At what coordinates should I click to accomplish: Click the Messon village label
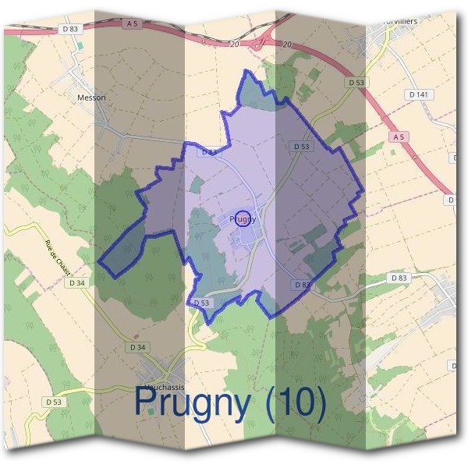click(91, 98)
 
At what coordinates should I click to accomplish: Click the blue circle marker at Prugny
click(243, 219)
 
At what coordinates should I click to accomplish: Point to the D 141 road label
click(419, 94)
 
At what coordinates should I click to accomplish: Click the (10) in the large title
click(295, 402)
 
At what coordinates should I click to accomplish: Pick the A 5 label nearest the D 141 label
click(399, 137)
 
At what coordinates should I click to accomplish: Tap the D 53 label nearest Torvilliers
click(356, 82)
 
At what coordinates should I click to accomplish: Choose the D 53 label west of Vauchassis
click(54, 402)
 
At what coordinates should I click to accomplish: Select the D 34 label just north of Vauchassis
click(138, 346)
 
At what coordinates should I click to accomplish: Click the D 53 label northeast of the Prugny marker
click(302, 147)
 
